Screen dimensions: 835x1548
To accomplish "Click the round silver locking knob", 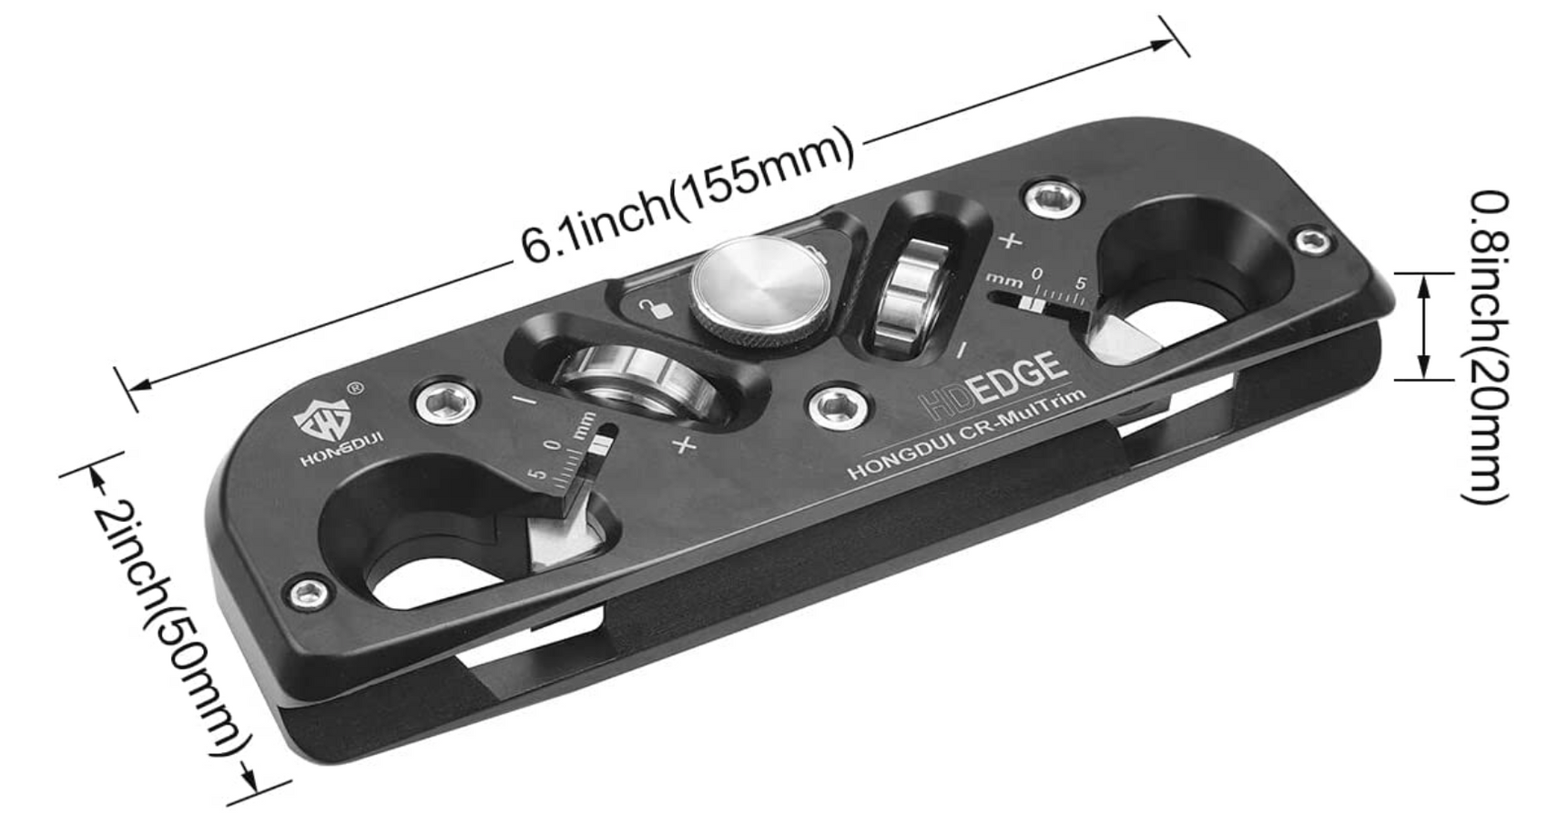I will point(759,295).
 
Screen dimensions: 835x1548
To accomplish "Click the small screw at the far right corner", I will point(1310,240).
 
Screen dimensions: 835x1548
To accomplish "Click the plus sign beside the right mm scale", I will point(1010,241).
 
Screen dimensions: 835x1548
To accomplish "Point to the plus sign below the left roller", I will point(685,444).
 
